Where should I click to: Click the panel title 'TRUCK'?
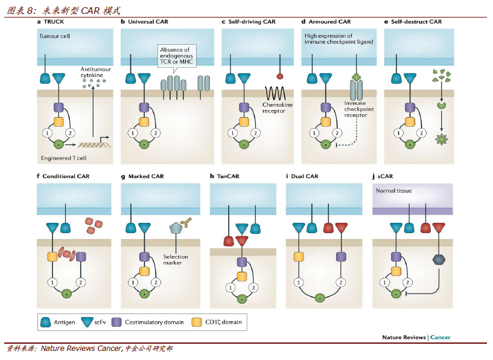tap(54, 22)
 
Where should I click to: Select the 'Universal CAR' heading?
tap(148, 22)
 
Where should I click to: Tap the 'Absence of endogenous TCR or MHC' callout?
tap(177, 56)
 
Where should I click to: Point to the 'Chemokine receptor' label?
tap(278, 108)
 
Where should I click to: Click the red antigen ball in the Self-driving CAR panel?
tap(280, 76)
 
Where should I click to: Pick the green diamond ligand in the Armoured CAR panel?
tap(356, 77)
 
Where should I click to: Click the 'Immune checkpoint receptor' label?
tap(359, 109)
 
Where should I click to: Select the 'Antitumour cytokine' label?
tap(95, 72)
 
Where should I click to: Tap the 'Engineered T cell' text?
tap(63, 158)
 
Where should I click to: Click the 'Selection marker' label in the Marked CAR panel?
tap(176, 260)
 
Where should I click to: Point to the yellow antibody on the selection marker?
tap(186, 222)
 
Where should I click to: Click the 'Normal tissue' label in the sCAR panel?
tap(393, 191)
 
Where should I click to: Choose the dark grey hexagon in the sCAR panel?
tap(439, 259)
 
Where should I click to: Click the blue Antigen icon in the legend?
tap(46, 322)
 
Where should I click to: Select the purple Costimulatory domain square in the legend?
tap(116, 322)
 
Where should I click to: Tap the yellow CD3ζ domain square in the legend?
tap(197, 322)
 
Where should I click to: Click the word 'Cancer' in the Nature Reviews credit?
tap(440, 337)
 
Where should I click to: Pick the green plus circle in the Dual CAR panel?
tap(320, 298)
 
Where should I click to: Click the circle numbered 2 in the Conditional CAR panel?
tap(81, 282)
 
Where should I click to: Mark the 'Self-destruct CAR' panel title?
tap(416, 22)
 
